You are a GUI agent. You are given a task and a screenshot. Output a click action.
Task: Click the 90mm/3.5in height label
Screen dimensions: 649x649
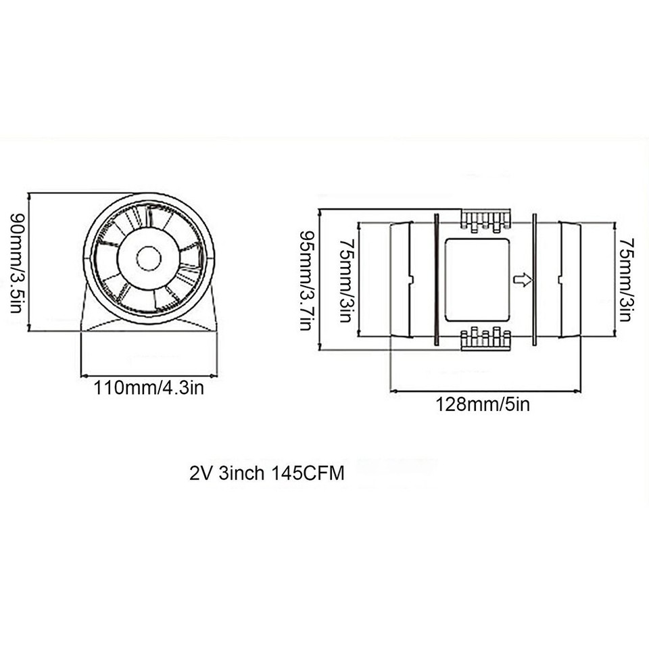tap(16, 264)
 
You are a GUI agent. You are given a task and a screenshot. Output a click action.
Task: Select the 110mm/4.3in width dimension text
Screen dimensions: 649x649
tap(149, 388)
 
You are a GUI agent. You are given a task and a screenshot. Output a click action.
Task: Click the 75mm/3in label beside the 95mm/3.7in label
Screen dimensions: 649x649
tap(346, 280)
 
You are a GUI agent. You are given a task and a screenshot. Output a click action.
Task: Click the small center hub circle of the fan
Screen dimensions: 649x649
tap(149, 258)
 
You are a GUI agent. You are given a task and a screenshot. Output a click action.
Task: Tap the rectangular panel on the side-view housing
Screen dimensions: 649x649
tap(477, 279)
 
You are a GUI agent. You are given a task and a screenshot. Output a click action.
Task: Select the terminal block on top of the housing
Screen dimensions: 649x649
tap(484, 220)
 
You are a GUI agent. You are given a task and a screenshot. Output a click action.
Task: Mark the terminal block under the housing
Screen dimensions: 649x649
tap(484, 339)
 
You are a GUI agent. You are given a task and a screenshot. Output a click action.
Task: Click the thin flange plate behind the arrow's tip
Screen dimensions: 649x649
tap(534, 279)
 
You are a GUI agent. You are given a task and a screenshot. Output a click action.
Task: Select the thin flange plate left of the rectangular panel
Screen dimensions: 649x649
tap(436, 279)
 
